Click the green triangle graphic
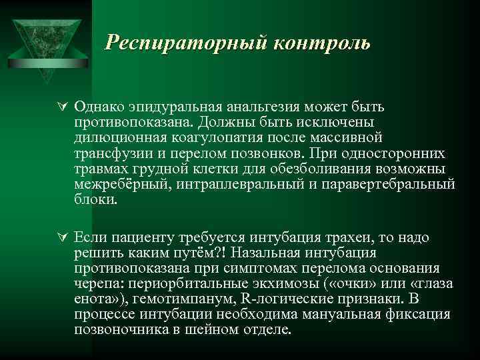pyautogui.click(x=45, y=40)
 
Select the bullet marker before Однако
pyautogui.click(x=62, y=107)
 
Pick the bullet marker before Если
pyautogui.click(x=62, y=238)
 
